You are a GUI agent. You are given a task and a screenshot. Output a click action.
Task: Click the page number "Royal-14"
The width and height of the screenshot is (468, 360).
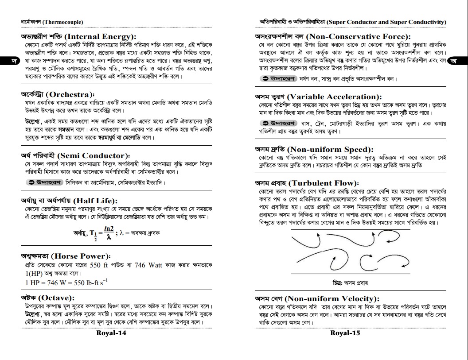pos(111,333)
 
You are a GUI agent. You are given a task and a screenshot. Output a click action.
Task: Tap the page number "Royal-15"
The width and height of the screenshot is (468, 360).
pos(345,333)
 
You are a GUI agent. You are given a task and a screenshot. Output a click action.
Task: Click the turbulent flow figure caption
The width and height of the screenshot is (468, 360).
pos(351,283)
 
